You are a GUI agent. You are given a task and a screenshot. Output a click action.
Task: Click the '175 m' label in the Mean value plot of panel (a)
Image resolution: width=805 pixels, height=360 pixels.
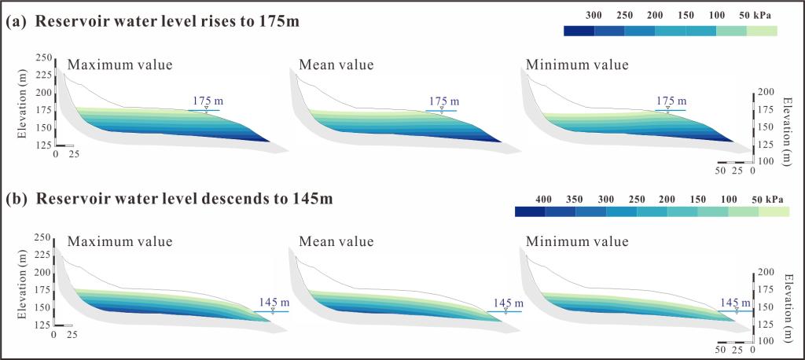442,101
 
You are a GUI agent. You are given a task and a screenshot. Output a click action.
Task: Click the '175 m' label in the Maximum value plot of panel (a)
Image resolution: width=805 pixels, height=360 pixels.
205,101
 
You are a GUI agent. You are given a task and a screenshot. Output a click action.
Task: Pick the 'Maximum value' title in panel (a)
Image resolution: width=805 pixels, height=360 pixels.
119,64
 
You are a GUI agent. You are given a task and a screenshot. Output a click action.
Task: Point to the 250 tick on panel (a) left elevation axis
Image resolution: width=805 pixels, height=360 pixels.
43,57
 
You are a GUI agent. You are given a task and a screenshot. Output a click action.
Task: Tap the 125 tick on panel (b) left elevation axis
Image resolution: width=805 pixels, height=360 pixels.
43,324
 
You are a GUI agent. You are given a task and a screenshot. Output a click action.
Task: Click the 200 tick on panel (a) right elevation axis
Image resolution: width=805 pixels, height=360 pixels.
767,92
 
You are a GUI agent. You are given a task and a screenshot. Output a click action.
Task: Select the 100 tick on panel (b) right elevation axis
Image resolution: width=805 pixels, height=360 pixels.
767,340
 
